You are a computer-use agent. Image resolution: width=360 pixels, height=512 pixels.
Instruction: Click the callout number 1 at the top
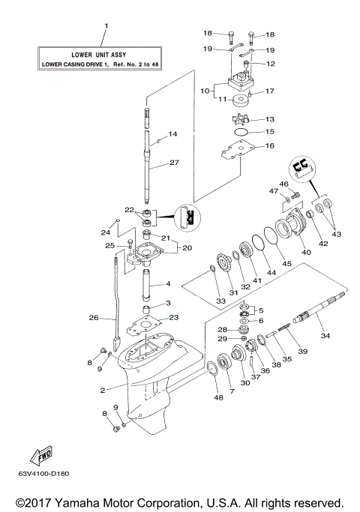[x=106, y=27]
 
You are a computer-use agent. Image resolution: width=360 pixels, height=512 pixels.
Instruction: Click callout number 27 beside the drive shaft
[x=174, y=163]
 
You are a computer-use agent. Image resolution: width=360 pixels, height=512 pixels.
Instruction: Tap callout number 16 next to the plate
[x=269, y=145]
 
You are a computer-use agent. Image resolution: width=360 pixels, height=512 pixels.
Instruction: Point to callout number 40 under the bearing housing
[x=306, y=253]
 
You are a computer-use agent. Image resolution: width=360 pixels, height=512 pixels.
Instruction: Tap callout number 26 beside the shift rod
[x=94, y=317]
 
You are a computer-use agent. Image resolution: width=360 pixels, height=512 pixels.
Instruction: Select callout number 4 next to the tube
[x=169, y=284]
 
